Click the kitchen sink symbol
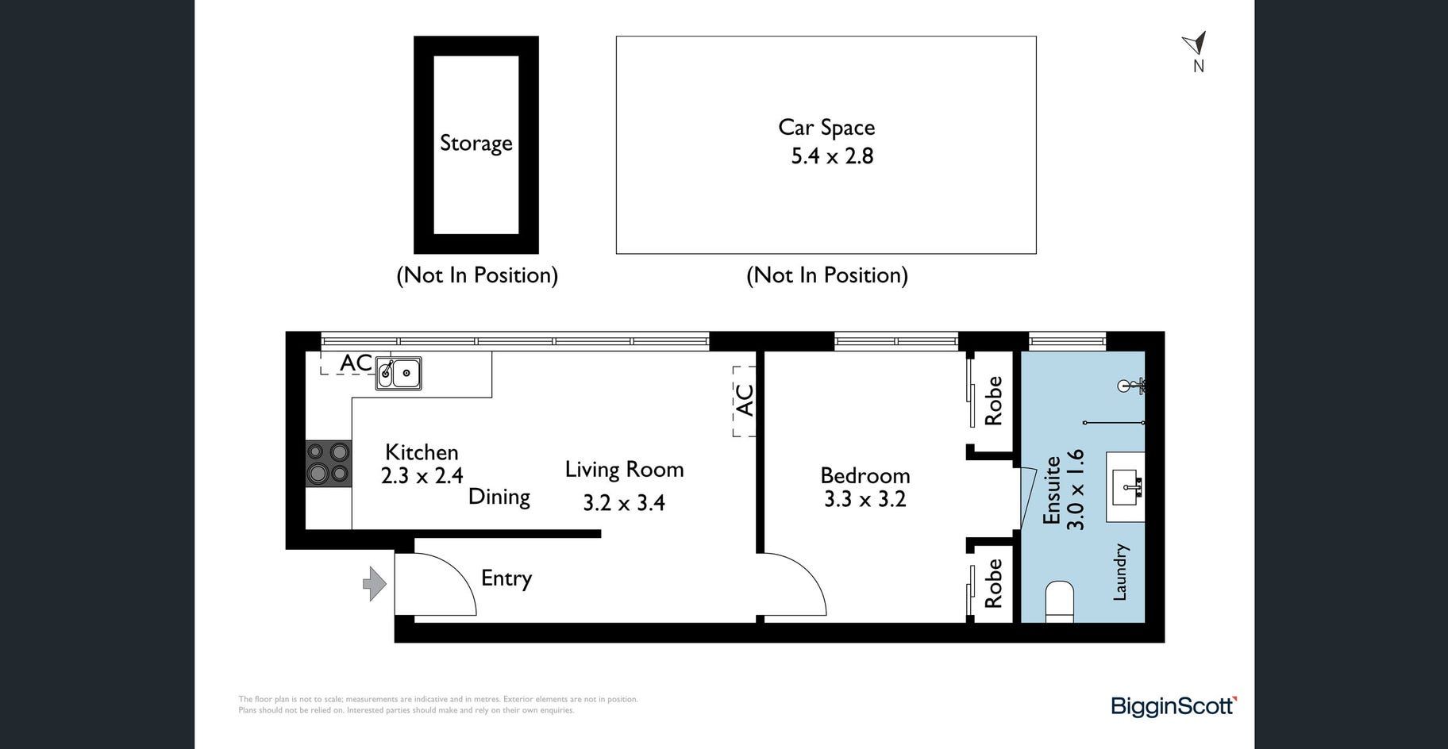399,373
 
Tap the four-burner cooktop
329,463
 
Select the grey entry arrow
375,585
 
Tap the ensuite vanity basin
1126,487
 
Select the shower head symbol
1130,386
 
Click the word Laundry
1119,572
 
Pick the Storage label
476,144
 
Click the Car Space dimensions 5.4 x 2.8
832,156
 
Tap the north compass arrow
1196,43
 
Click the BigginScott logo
1174,705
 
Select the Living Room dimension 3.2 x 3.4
624,502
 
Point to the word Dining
499,497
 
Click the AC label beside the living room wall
745,400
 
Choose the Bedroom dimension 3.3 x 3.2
865,499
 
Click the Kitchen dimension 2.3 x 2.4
422,476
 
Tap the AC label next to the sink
356,363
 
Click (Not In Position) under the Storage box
477,275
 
